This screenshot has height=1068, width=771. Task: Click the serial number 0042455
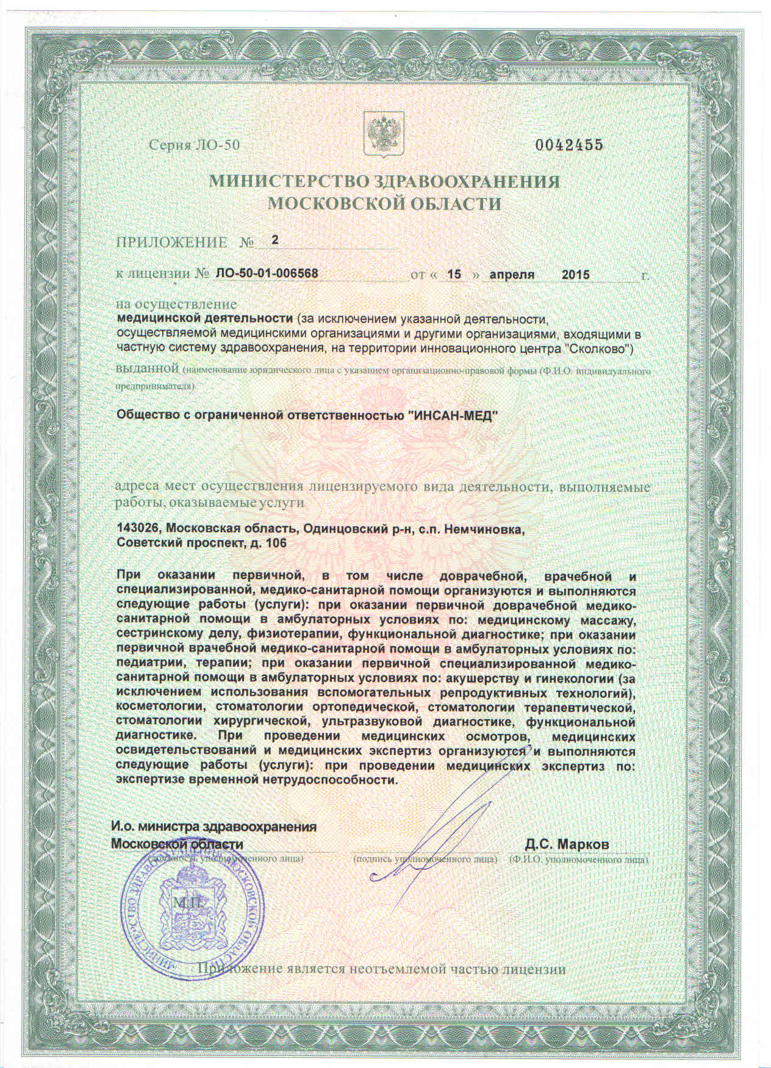pyautogui.click(x=568, y=145)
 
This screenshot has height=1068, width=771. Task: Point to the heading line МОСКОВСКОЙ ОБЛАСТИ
pyautogui.click(x=385, y=204)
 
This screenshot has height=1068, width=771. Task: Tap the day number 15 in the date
pyautogui.click(x=453, y=274)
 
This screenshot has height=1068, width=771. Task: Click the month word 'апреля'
pyautogui.click(x=512, y=274)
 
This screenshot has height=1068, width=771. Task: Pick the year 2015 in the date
pyautogui.click(x=575, y=274)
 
